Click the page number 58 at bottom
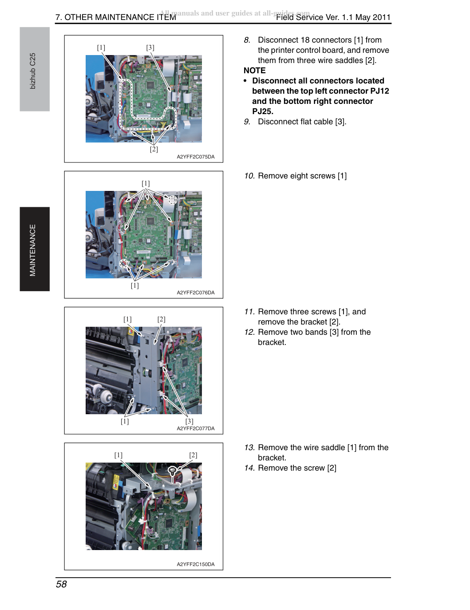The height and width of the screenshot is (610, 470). pos(61,584)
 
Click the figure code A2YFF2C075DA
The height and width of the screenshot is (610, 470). pos(196,157)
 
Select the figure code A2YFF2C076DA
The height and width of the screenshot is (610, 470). pos(196,293)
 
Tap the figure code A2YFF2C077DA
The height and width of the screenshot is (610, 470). pos(196,428)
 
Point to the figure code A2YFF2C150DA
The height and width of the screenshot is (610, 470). pos(196,564)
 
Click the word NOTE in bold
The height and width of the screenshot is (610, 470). pos(254,71)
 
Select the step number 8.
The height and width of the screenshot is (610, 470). pos(247,40)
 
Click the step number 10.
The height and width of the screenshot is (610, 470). pos(249,176)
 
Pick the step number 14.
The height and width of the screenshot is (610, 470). pos(249,468)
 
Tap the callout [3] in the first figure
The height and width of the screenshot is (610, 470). pos(150,48)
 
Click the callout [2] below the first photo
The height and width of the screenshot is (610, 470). pos(154,149)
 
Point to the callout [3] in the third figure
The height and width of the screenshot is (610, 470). pos(190,421)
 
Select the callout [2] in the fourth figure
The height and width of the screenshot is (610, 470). pos(193,455)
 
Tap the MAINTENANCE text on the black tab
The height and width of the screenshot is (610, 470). pos(33,250)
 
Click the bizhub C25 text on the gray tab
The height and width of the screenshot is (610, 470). pos(33,71)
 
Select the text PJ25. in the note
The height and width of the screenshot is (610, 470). pos(263,111)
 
